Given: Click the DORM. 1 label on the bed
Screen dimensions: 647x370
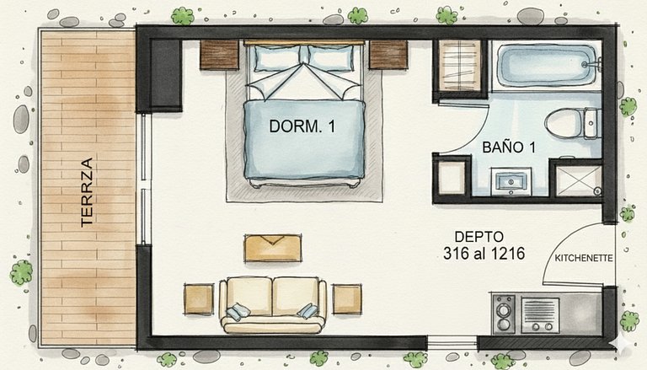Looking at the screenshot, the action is click(302, 126).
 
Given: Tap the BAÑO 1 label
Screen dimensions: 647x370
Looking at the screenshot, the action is click(509, 147).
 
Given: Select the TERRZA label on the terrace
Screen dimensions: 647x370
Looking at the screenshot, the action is click(87, 192).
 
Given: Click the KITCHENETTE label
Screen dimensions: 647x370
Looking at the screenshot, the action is click(584, 259).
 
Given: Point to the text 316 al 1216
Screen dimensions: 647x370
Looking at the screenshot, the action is click(484, 253).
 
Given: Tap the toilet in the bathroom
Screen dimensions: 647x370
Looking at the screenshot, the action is click(573, 123).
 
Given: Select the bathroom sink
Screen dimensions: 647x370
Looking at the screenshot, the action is click(511, 182).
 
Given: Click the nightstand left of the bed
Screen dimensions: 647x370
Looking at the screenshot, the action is click(219, 55).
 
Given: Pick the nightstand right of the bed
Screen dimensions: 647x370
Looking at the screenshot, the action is click(388, 55).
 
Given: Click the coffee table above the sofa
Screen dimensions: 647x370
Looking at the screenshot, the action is click(273, 248).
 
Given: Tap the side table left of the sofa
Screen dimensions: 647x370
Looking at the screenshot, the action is click(199, 299).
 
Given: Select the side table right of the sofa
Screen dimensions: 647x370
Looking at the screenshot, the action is click(347, 299).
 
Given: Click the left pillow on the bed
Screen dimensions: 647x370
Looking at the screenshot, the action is click(276, 58).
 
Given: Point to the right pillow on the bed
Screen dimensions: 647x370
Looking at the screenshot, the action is click(331, 58).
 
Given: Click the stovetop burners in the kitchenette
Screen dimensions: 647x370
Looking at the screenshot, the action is click(505, 314).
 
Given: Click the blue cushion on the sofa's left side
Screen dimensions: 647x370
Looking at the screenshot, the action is click(238, 311).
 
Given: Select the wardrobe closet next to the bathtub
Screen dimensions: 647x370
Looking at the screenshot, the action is click(460, 66).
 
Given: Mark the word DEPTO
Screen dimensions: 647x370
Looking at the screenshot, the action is click(479, 237).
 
